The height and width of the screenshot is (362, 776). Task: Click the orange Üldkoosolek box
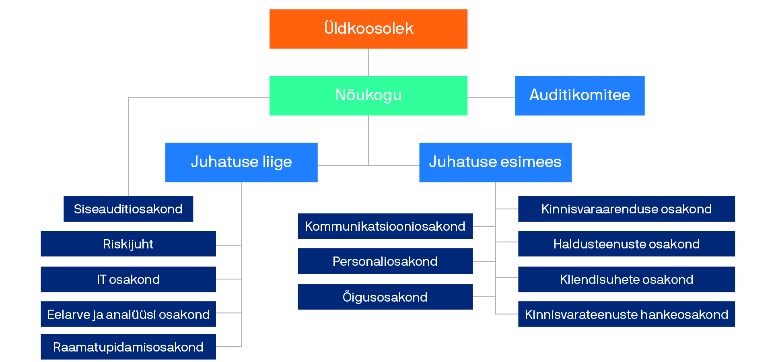point(368,29)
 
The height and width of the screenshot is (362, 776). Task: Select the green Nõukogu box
point(368,95)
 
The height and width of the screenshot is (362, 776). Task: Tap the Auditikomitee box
point(579,95)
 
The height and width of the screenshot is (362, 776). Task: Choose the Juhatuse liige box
point(241,162)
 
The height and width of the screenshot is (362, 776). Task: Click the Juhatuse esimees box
point(495,162)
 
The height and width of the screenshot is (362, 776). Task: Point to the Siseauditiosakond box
point(128,209)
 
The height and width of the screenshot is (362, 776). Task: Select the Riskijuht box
point(128,244)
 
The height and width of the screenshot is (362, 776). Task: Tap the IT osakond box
point(128,279)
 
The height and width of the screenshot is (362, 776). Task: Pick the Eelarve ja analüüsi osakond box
point(128,314)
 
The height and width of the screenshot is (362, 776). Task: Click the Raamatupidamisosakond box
point(128,347)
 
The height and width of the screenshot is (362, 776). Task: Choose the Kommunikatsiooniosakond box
point(385,226)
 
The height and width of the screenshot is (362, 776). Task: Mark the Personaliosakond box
point(385,261)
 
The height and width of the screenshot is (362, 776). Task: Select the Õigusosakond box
point(385,297)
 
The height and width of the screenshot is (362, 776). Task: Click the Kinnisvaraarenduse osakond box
point(626,209)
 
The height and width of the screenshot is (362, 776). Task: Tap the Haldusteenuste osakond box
point(626,244)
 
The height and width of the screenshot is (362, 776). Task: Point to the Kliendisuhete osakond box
point(626,279)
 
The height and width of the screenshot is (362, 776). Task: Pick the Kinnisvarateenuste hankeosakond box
point(626,314)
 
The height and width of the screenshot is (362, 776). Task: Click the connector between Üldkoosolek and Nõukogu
point(368,62)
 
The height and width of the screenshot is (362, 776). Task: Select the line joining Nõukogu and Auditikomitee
point(491,97)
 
